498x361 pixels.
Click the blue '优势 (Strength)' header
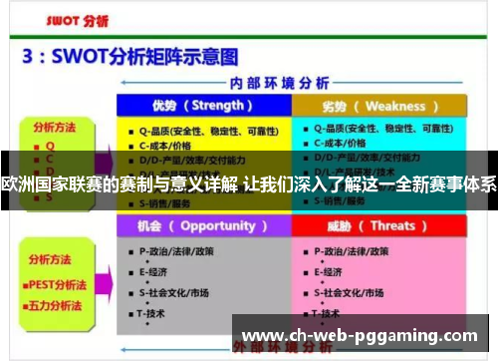203,106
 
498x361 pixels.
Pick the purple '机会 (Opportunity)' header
203,225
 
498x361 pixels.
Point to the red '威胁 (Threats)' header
379,225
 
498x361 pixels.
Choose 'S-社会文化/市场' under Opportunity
183,292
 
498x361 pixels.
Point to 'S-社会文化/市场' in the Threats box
353,292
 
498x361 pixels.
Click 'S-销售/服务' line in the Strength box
169,202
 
